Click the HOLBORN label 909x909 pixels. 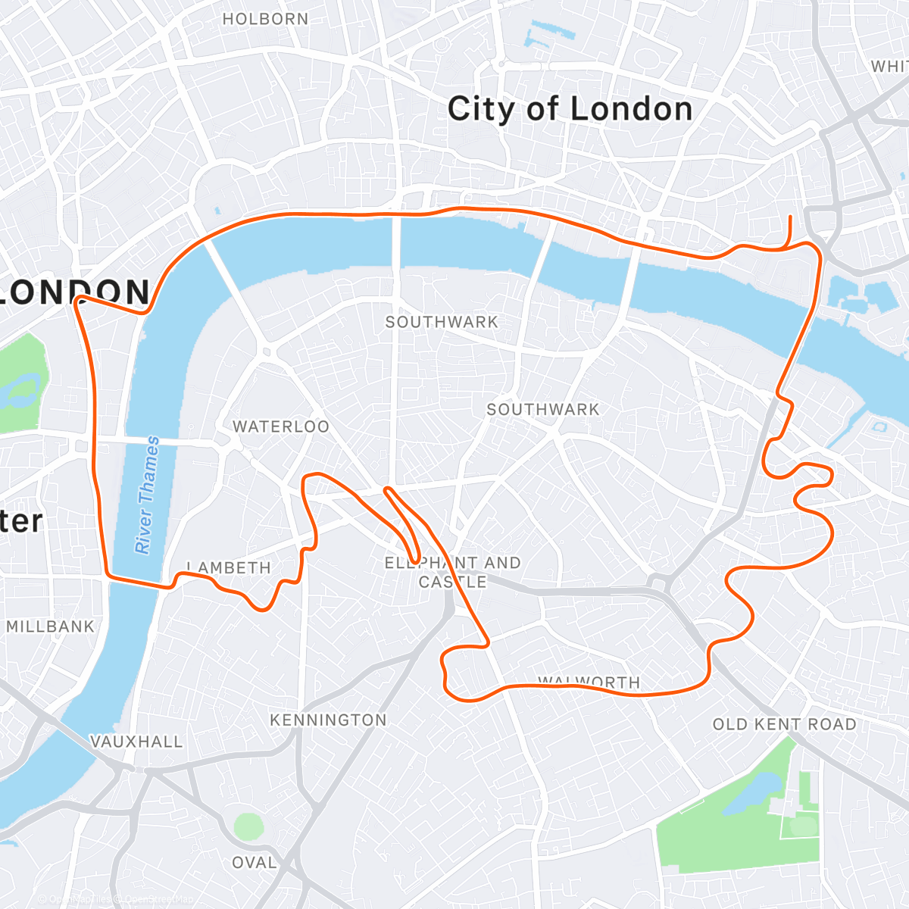pos(265,19)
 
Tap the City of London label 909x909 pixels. pos(570,109)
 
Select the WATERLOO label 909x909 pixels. pos(281,426)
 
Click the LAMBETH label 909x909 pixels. pos(229,567)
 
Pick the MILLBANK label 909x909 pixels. pos(50,626)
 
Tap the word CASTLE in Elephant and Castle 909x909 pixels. pos(452,582)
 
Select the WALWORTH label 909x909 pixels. pos(589,682)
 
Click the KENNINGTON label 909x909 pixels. pos(328,720)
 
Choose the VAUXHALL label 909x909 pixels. pos(136,742)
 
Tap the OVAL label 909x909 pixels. pos(254,863)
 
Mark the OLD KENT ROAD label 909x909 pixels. pos(784,724)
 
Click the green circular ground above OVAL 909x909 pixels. pos(248,826)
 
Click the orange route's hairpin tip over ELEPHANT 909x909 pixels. pos(416,561)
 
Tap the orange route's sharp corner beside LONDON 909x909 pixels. pos(77,299)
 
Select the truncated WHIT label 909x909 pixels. pos(889,67)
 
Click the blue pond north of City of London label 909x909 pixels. pos(542,33)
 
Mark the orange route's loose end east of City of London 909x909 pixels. pos(791,217)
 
